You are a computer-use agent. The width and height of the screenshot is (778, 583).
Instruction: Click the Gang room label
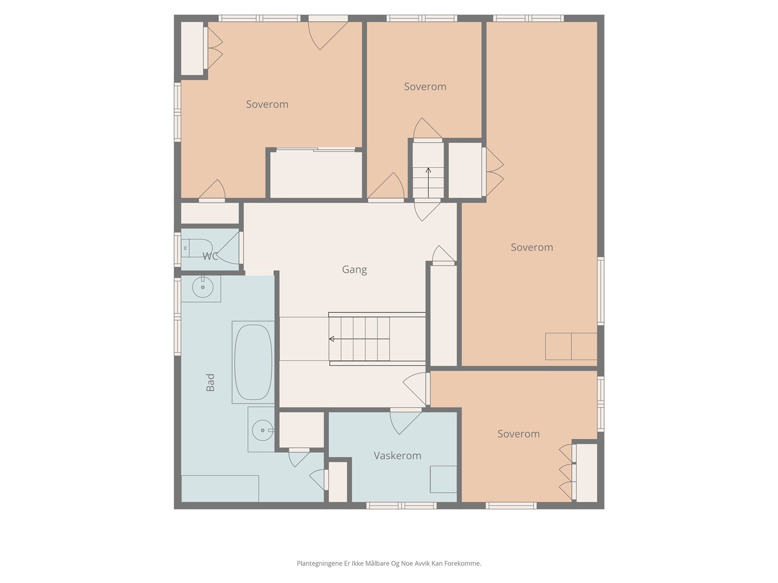(x=354, y=270)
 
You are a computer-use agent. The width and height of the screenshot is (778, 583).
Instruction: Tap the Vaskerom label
(x=397, y=456)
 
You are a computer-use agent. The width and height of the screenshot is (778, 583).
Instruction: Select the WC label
(x=210, y=256)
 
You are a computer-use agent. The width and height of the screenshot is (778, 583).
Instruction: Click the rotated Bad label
(x=210, y=382)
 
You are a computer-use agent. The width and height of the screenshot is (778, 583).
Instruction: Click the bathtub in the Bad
(x=253, y=362)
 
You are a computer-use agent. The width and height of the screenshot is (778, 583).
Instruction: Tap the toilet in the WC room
(x=197, y=248)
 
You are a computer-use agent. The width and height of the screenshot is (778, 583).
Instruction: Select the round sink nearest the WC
(x=203, y=287)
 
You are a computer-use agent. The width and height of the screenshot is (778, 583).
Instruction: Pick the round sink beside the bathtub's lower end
(x=263, y=430)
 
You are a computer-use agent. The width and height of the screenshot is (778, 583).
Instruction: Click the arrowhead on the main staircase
(x=332, y=339)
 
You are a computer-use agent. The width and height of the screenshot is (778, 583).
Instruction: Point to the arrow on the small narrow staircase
(x=428, y=183)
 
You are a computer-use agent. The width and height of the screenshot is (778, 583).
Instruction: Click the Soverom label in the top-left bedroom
(x=267, y=104)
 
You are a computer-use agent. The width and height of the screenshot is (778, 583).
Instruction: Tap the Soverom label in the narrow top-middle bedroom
(x=425, y=87)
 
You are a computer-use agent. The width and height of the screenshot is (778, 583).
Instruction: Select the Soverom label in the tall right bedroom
(x=531, y=247)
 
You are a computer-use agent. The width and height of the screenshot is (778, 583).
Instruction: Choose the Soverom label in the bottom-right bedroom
(x=518, y=434)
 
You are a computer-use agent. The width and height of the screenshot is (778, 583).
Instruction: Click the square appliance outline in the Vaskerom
(x=443, y=480)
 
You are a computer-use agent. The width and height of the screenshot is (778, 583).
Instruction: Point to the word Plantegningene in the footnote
(x=319, y=564)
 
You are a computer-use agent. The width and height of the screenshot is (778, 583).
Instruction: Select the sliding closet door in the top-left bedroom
(x=316, y=150)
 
